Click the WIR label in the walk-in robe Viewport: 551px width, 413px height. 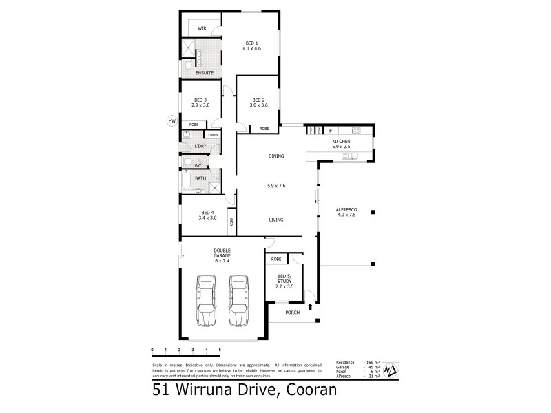click(202, 28)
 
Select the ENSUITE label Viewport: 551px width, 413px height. click(204, 72)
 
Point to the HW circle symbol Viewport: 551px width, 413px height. click(171, 122)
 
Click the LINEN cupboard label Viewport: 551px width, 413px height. click(214, 134)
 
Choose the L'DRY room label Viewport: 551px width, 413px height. click(200, 146)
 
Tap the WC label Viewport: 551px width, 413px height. click(198, 165)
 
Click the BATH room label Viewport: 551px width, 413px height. click(200, 178)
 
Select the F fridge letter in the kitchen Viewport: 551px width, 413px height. click(331, 130)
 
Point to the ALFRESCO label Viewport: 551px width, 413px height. click(345, 210)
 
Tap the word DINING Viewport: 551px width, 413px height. click(276, 156)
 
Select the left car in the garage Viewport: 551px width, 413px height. click(206, 301)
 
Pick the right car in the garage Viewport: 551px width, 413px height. click(238, 301)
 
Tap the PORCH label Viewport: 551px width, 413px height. click(293, 312)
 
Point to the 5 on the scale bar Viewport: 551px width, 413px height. click(220, 350)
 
